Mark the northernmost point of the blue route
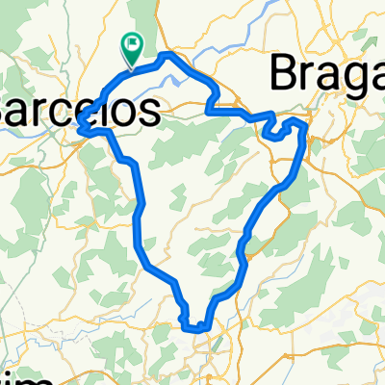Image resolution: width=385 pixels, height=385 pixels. point(168,54)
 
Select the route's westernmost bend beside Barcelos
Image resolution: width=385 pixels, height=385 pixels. point(80,124)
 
